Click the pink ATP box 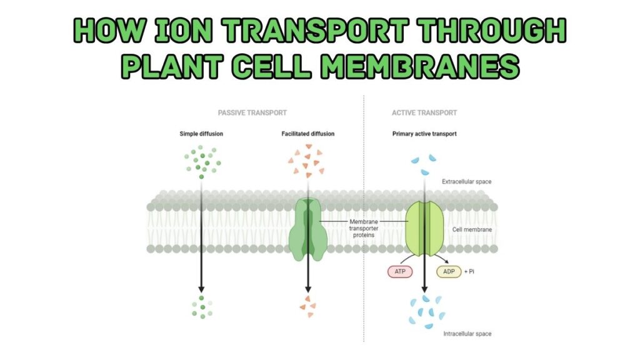(401, 272)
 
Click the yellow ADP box (449, 272)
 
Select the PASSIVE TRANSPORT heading (252, 113)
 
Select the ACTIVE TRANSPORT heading (424, 113)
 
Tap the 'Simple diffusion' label (201, 133)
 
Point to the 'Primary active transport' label (424, 133)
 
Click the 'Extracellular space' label (467, 181)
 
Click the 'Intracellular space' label (467, 334)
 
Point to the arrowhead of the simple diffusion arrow (201, 289)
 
